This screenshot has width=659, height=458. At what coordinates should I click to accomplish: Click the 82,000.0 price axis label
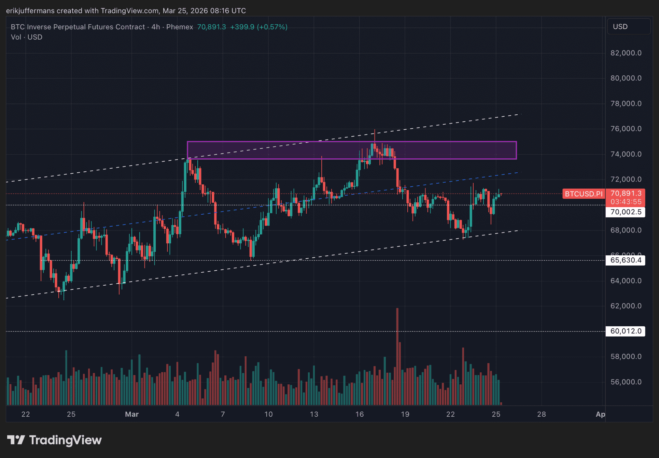click(x=626, y=53)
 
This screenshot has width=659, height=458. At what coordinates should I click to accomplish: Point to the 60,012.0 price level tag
click(x=626, y=331)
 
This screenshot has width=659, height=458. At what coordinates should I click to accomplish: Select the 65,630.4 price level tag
click(x=626, y=260)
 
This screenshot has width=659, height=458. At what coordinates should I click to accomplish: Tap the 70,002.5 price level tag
click(x=626, y=212)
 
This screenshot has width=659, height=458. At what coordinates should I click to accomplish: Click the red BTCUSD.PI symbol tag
click(x=584, y=194)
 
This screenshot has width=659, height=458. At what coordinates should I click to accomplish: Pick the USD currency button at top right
click(x=628, y=27)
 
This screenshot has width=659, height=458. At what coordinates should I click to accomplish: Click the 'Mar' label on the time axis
click(x=132, y=414)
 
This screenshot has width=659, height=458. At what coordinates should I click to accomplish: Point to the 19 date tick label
click(x=405, y=414)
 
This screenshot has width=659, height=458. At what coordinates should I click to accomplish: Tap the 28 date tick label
click(x=542, y=414)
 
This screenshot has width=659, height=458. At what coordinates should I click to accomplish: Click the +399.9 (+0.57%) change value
click(x=258, y=27)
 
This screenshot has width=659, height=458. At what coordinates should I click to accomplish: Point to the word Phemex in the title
click(x=180, y=27)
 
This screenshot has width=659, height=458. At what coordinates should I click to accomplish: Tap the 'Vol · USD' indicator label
click(x=27, y=37)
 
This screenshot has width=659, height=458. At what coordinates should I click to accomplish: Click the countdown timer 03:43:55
click(x=626, y=202)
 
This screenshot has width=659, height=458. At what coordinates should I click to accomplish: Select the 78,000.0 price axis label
click(x=626, y=103)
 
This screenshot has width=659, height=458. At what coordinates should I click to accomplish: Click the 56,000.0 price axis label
click(x=626, y=382)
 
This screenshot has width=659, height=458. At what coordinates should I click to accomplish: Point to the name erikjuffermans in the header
click(x=30, y=11)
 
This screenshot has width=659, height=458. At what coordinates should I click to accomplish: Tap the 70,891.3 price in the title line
click(x=211, y=27)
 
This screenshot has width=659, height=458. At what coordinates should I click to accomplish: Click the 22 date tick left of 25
click(x=26, y=414)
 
